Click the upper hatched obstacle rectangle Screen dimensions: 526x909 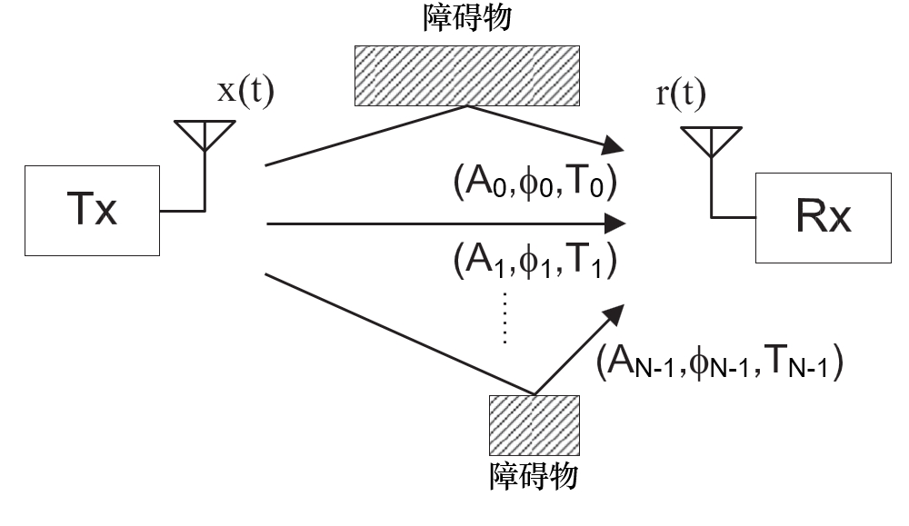coord(465,74)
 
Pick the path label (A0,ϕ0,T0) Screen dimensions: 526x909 coord(535,185)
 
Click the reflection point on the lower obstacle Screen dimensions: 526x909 coord(534,395)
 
